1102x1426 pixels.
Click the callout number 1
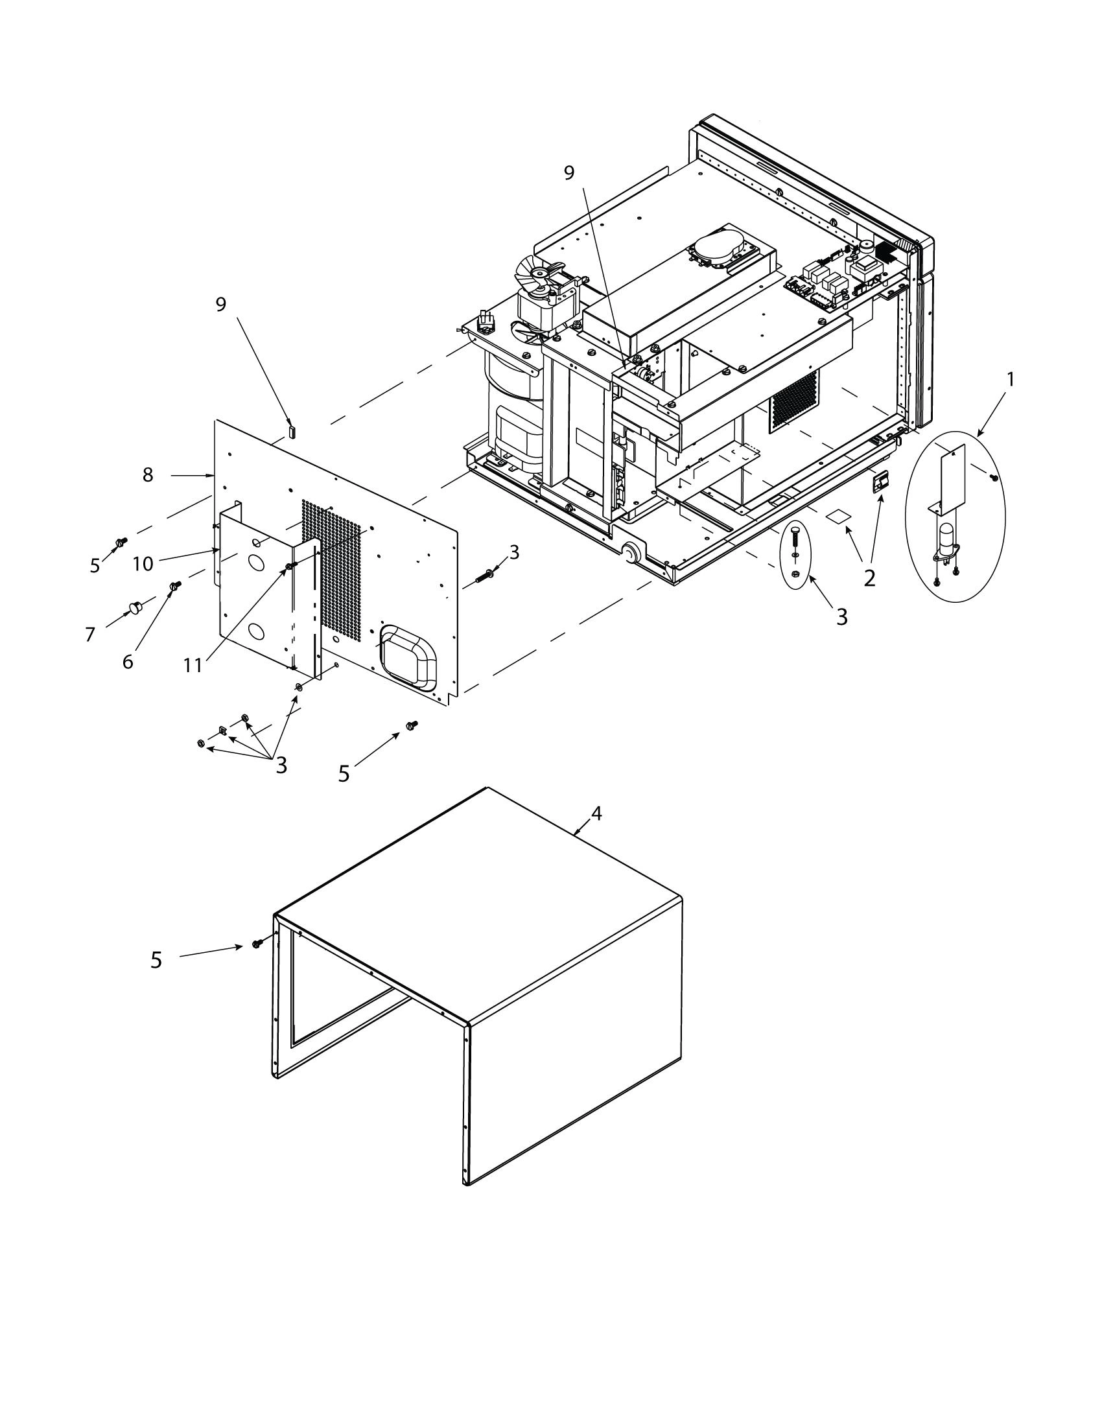pyautogui.click(x=1010, y=379)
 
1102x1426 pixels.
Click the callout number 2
pyautogui.click(x=869, y=578)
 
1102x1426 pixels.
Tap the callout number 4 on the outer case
pyautogui.click(x=595, y=813)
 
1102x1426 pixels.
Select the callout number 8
pyautogui.click(x=148, y=475)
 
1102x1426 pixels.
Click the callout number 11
pyautogui.click(x=193, y=665)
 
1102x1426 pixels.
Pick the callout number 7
pyautogui.click(x=90, y=634)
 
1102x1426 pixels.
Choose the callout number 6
pyautogui.click(x=128, y=661)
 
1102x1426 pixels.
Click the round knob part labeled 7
pyautogui.click(x=135, y=609)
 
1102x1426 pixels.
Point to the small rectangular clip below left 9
pyautogui.click(x=292, y=431)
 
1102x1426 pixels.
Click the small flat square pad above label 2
pyautogui.click(x=838, y=517)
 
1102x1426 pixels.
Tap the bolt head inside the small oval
pyautogui.click(x=795, y=531)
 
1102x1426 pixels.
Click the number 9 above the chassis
pyautogui.click(x=569, y=172)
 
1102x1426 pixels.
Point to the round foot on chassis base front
pyautogui.click(x=630, y=554)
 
